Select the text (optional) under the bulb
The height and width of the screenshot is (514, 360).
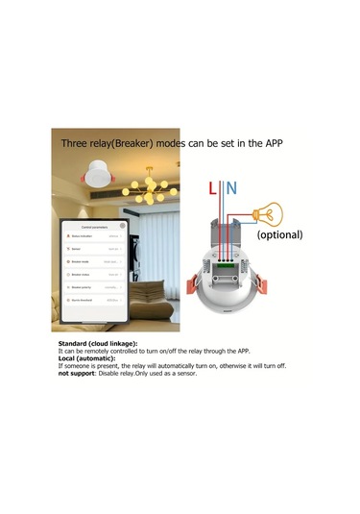[x=278, y=233]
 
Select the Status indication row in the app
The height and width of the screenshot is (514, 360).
[x=91, y=234]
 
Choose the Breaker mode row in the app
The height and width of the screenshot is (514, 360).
[x=91, y=260]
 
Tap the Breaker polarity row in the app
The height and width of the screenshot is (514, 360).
[x=91, y=286]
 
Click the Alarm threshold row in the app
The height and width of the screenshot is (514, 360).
[x=91, y=300]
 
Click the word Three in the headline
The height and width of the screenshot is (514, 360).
[x=76, y=143]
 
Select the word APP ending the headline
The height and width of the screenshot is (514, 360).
[x=271, y=143]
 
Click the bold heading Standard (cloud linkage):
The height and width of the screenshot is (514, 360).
[x=98, y=343]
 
